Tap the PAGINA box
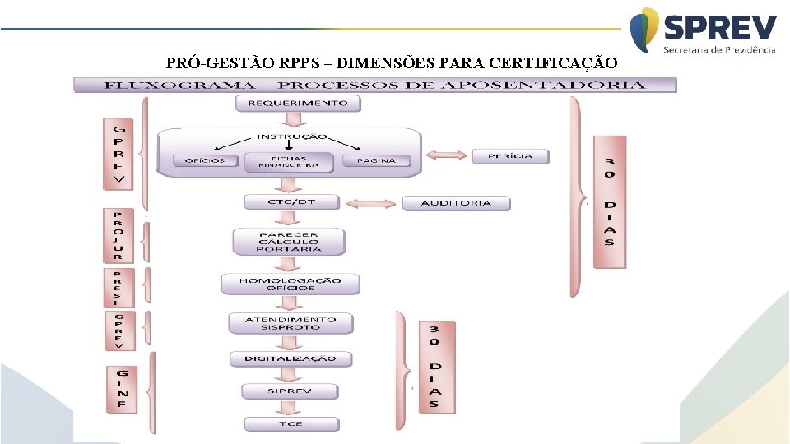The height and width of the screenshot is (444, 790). tap(376, 161)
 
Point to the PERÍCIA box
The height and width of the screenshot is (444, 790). tap(510, 155)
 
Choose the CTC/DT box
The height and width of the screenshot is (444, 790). tap(290, 202)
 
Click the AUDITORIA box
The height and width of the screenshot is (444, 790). tap(456, 203)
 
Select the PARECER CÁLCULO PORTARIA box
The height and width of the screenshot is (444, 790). tap(289, 242)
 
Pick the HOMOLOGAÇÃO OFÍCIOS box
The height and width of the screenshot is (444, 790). tap(290, 284)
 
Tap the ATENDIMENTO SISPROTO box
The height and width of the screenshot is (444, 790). tap(290, 323)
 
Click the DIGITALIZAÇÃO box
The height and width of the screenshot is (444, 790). tap(290, 358)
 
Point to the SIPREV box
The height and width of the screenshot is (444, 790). tap(289, 391)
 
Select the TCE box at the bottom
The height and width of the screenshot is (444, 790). tap(289, 423)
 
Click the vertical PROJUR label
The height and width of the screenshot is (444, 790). tap(118, 235)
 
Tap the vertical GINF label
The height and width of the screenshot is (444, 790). tap(121, 388)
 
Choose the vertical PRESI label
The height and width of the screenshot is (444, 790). tap(118, 287)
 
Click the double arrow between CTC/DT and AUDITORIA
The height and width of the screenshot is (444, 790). tap(371, 203)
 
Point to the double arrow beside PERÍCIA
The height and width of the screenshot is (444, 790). tap(446, 155)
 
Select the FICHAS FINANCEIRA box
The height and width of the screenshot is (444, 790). tap(288, 161)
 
